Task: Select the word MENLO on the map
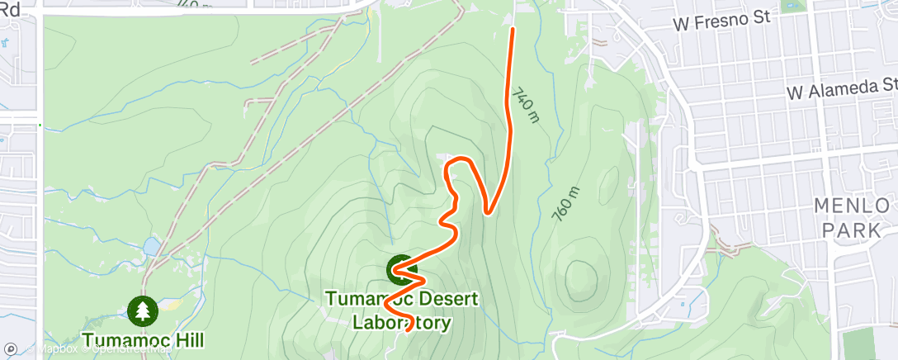(853, 206)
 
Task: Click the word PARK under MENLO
(853, 230)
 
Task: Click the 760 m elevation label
(567, 203)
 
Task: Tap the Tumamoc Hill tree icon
(144, 310)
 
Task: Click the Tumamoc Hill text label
(143, 339)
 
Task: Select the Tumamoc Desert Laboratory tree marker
(401, 268)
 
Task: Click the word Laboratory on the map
(402, 322)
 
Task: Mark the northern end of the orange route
(513, 29)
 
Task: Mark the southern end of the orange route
(409, 330)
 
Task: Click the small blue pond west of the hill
(151, 246)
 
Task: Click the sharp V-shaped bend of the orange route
(488, 212)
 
